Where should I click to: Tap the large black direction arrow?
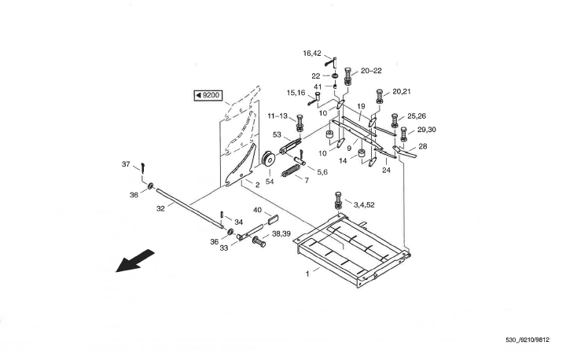coord(134,262)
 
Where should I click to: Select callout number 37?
coord(126,164)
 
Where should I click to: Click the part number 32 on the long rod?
coord(160,209)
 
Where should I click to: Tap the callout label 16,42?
coord(312,53)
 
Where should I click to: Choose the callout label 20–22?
coord(370,71)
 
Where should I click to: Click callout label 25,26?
coord(417,116)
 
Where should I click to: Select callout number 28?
coord(423,146)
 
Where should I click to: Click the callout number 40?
coord(256,210)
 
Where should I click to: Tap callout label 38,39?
coord(281,234)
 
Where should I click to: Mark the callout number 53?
coord(277,135)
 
